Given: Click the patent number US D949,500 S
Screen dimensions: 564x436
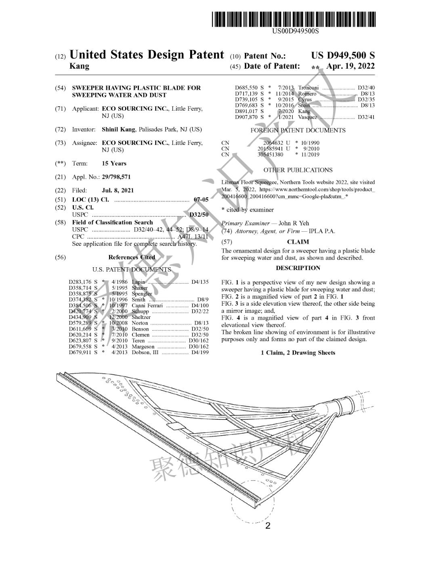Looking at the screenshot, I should click(343, 56).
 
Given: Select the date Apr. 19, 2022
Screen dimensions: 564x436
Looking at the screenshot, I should click(350, 66).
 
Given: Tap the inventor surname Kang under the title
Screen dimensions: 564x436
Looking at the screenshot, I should click(80, 66).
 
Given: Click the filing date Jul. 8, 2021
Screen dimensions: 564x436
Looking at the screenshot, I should click(118, 190).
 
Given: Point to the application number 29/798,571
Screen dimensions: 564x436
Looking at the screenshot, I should click(116, 177).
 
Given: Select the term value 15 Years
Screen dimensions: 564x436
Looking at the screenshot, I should click(114, 164).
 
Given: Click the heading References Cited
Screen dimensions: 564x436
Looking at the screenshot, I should click(132, 257).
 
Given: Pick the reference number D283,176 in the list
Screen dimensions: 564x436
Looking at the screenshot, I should click(80, 282).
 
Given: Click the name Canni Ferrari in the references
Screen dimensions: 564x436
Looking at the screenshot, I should click(147, 306).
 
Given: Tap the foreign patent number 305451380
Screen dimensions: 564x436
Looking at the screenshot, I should click(270, 154).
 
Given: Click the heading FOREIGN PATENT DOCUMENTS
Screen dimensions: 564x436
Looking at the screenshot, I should click(298, 130).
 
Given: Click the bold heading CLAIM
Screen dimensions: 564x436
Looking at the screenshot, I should click(298, 242).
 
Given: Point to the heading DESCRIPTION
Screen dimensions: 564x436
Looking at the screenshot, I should click(298, 268).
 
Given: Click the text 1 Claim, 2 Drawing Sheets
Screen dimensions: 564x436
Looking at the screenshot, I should click(298, 353).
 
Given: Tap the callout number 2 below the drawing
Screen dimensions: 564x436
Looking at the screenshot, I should click(268, 525).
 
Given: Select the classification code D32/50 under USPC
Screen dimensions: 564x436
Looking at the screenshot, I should click(199, 215).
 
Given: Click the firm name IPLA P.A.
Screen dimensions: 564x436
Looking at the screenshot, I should click(322, 231).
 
